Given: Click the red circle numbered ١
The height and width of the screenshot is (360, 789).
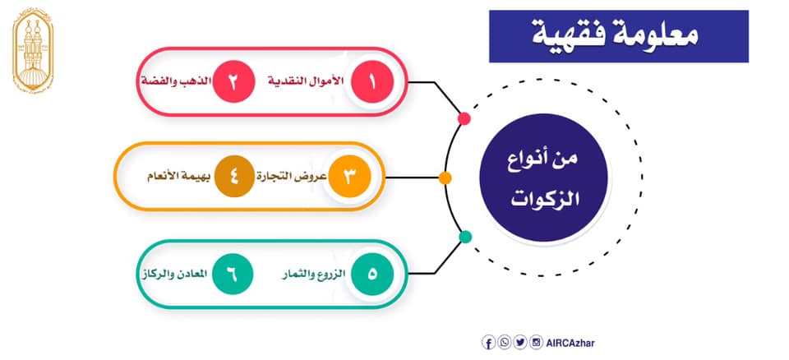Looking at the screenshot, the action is coord(371,82).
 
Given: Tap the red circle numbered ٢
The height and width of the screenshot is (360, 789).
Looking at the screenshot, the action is coord(233,82).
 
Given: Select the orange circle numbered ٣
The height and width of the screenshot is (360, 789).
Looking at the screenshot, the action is coord(349,177).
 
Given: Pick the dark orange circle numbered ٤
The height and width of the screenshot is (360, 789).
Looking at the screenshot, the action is coord(234,177).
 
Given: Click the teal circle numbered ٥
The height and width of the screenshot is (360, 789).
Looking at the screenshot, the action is coord(371,274).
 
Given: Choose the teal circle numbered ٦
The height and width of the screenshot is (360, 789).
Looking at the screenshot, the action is coord(233,274).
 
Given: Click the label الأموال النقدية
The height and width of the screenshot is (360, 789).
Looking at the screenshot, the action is coord(306,82).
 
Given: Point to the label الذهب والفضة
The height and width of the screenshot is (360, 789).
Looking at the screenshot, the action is coord(176,82).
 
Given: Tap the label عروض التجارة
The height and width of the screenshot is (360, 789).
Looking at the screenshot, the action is coord(293,177).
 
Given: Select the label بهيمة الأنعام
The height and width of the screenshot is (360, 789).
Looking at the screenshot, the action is coord(180,177).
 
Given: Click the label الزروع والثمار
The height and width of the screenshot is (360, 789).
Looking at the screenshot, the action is coord(313,275).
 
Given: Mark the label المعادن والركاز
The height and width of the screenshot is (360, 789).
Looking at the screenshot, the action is coord(173,274).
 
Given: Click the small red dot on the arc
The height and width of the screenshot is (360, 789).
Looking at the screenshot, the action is coord(464,119).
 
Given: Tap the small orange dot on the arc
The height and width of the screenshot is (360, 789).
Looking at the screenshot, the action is coord(445,178).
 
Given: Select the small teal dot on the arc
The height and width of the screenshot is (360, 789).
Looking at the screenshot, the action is coord(465,237).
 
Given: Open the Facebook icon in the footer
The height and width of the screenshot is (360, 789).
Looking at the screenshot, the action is coord(488,343).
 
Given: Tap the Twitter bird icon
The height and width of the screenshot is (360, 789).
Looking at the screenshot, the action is coord(521,343).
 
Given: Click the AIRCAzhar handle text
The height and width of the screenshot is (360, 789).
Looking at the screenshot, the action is coord(570,344).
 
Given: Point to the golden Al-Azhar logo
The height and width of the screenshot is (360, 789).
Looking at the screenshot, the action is coord(33,52).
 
